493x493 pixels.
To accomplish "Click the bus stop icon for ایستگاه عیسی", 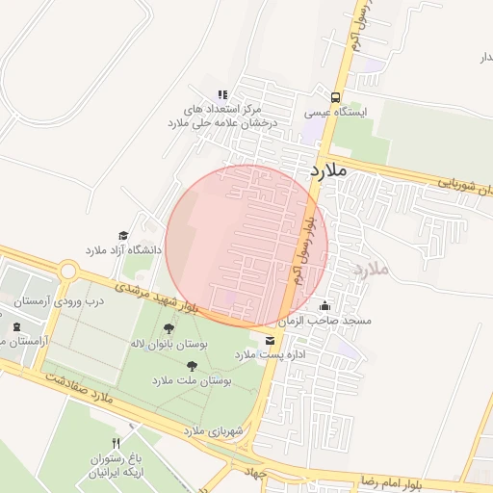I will click(335, 97).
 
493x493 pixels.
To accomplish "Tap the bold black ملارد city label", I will click(328, 170).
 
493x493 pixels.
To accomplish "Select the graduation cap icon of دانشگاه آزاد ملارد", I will click(122, 236).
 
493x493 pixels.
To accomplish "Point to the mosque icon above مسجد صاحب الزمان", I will click(323, 305).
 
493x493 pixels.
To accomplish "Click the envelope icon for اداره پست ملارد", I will click(268, 340).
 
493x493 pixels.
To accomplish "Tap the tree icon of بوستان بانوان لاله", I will click(169, 328).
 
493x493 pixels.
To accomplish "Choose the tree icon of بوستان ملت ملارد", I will click(192, 366).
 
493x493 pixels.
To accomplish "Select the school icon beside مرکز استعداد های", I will click(222, 94).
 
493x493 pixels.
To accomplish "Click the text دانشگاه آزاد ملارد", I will click(124, 250).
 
